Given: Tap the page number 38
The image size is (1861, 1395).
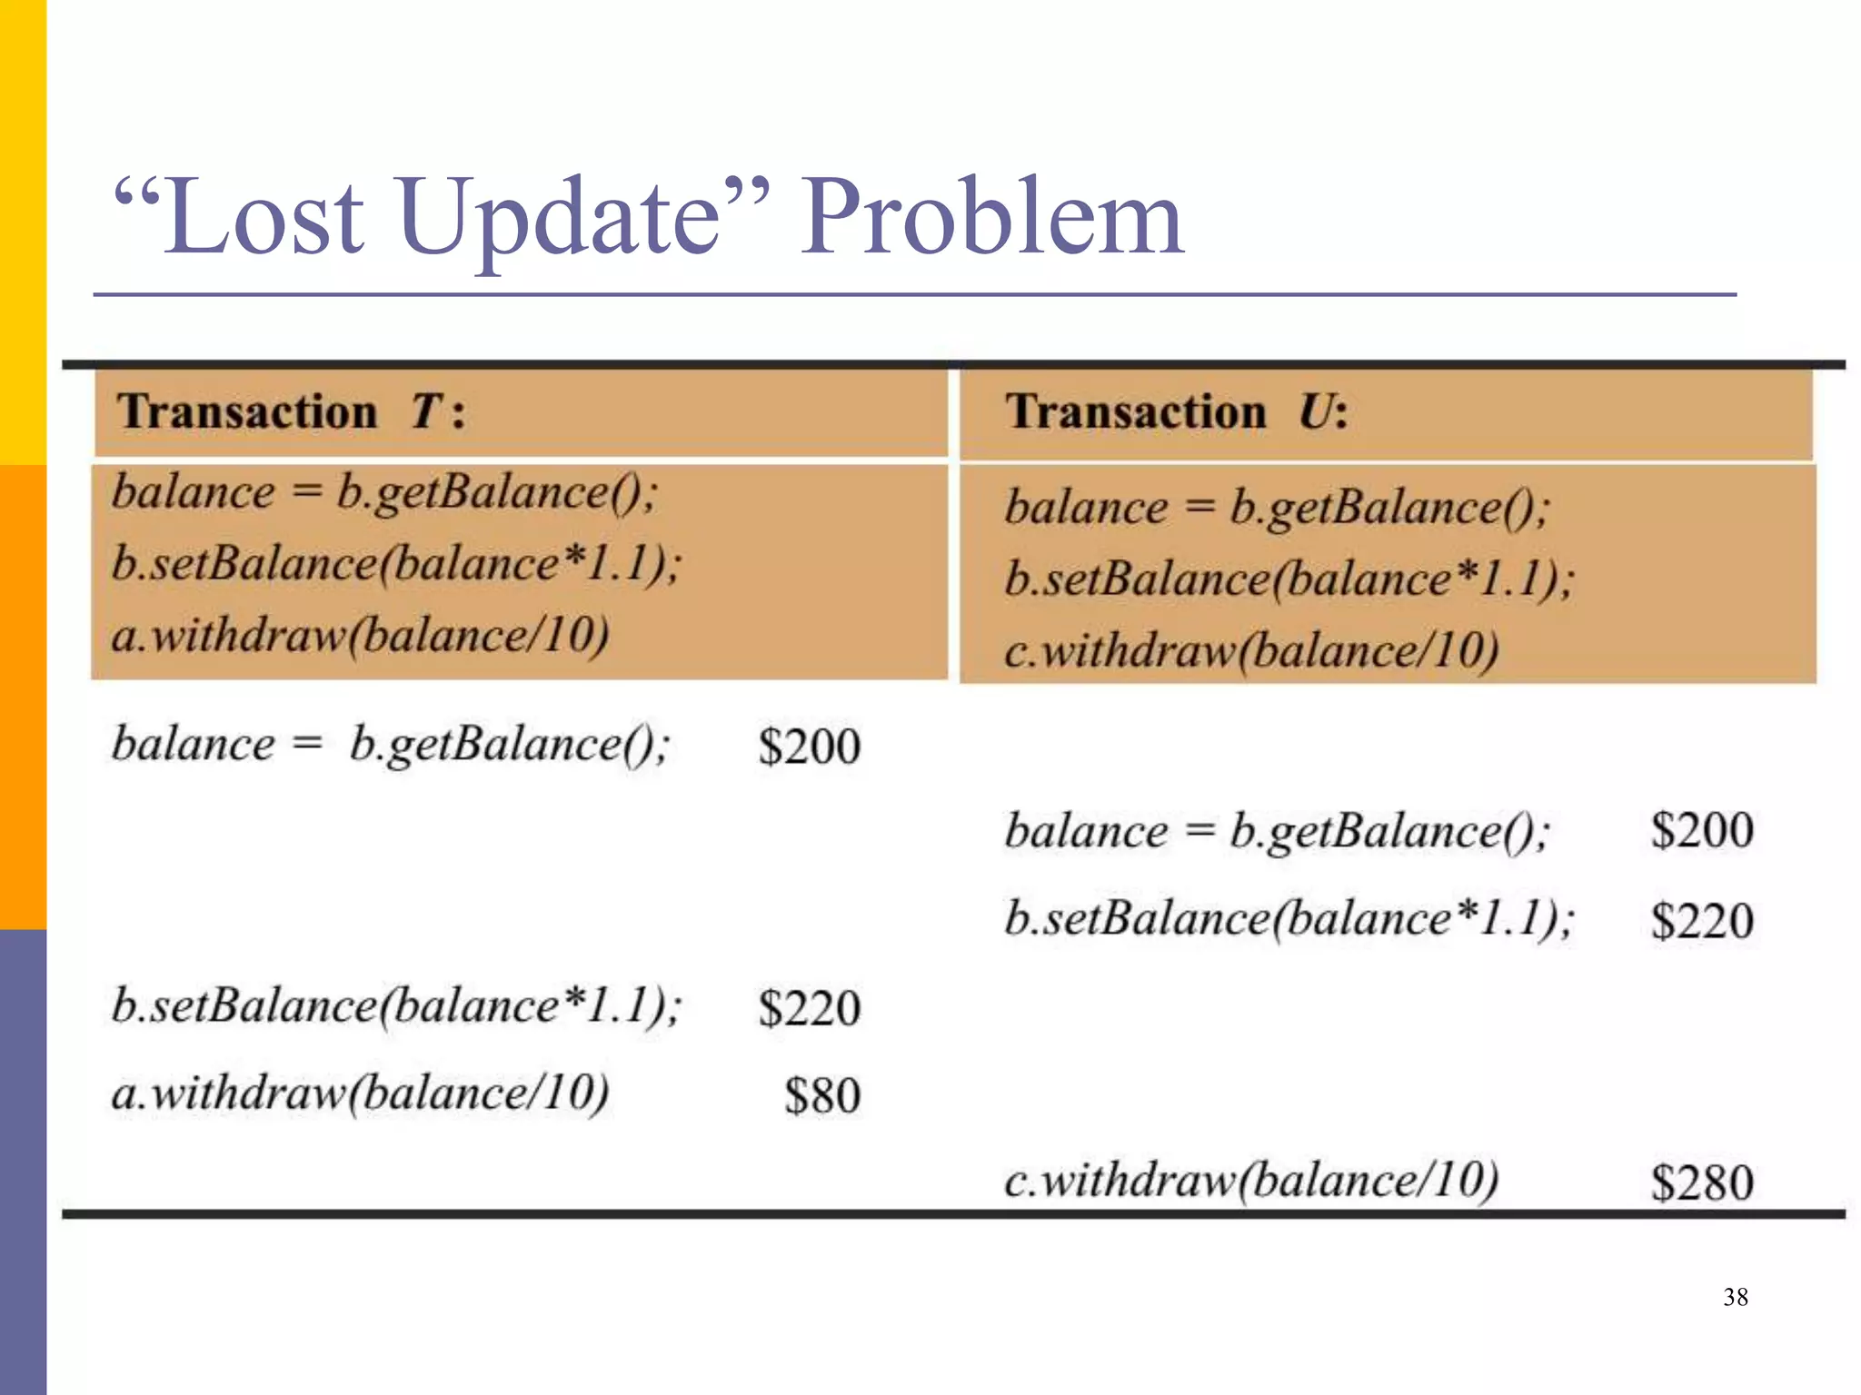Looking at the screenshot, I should point(1735,1297).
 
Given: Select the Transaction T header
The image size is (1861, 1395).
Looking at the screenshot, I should point(291,411).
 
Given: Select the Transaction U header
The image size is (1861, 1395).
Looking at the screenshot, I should point(1176,411).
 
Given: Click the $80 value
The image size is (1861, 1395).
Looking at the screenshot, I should point(821,1095).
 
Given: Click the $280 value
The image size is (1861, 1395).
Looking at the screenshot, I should point(1701,1182).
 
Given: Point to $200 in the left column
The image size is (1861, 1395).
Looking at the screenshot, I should point(809,747).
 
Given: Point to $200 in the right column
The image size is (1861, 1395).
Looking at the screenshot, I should point(1701,830).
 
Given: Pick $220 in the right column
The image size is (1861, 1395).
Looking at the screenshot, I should point(1701,921).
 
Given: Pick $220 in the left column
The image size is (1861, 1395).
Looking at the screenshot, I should point(809,1008).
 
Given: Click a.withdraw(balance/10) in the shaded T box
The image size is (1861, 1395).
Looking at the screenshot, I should point(360,635).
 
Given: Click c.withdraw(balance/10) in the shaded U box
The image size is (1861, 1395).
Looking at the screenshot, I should point(1250,651).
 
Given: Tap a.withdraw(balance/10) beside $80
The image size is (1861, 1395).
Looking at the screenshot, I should point(360,1093).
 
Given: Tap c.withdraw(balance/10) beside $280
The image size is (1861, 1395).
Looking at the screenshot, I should point(1250,1181).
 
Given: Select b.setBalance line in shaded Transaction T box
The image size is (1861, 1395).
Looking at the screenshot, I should point(396,564).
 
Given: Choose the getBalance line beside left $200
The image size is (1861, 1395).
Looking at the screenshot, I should point(391,745).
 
